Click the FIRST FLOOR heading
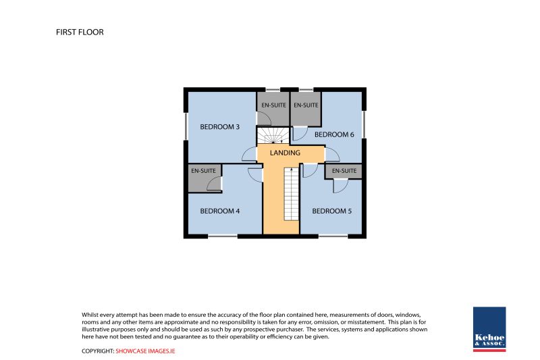click(x=80, y=32)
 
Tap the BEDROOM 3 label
click(x=220, y=127)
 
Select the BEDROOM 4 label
click(x=220, y=211)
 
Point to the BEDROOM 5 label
click(x=332, y=211)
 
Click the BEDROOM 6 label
click(x=334, y=134)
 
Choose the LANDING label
click(x=285, y=153)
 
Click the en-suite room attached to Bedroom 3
click(x=273, y=109)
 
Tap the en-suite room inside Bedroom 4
click(x=205, y=178)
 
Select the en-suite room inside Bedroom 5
click(x=344, y=171)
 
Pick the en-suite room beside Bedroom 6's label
click(x=306, y=109)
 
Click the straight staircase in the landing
click(x=292, y=194)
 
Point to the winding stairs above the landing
click(x=273, y=135)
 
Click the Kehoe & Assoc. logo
click(x=489, y=330)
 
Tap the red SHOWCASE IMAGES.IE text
click(x=145, y=351)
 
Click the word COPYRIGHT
click(x=98, y=351)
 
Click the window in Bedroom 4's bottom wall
click(x=223, y=236)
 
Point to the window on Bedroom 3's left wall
click(x=186, y=127)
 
